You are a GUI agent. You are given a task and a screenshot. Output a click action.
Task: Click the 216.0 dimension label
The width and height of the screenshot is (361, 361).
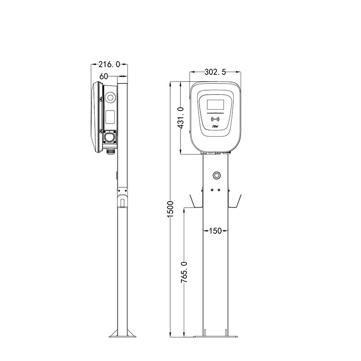[x=110, y=65]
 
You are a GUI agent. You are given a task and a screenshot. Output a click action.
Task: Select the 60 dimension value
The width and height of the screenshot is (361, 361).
[x=103, y=76]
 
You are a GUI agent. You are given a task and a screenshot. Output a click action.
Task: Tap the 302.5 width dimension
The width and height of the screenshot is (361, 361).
[x=215, y=72]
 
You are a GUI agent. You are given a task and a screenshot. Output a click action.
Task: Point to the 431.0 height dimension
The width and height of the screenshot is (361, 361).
[x=180, y=118]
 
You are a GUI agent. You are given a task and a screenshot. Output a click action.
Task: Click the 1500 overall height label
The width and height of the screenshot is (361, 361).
[x=170, y=209]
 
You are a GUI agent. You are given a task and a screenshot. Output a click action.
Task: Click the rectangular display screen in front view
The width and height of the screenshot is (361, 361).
[x=215, y=105]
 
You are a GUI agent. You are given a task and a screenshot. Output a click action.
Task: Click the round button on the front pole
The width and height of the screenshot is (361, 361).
[x=216, y=175]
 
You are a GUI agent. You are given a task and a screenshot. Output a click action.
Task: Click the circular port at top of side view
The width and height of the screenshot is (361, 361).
[x=110, y=97]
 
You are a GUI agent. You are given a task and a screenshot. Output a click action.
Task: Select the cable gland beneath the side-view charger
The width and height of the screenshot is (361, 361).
[x=110, y=150]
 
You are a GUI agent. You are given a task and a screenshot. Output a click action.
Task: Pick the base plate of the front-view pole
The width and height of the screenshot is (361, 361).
[x=215, y=336]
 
